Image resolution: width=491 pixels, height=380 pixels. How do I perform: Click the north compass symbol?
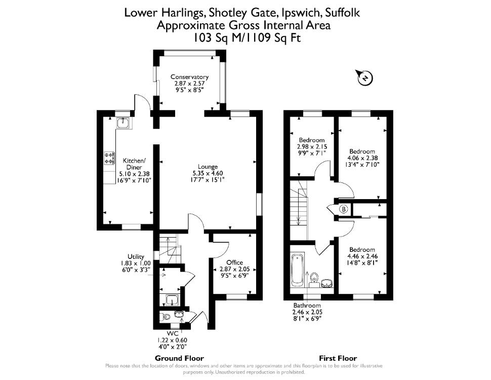[364, 77]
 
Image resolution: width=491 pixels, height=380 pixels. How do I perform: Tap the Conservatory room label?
[189, 77]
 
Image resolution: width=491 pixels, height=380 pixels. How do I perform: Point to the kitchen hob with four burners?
[109, 158]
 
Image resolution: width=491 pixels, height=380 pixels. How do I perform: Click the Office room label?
[234, 262]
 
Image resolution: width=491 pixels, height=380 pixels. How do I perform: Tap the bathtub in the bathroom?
[297, 270]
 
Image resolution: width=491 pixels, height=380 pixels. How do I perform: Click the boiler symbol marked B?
[344, 209]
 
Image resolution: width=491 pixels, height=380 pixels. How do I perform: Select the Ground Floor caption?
[179, 358]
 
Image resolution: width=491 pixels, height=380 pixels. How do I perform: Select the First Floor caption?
[338, 358]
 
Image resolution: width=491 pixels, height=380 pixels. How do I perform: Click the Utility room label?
[136, 256]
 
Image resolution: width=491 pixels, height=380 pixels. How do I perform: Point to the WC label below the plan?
[173, 333]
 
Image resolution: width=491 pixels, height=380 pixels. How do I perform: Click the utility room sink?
[172, 300]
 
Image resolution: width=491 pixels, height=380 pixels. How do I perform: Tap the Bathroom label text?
[307, 306]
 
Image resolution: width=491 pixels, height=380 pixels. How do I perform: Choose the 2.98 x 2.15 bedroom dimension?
[312, 146]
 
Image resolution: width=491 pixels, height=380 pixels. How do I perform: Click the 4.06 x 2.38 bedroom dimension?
[362, 158]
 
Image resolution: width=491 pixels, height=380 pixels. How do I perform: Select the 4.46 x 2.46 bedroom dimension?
[362, 256]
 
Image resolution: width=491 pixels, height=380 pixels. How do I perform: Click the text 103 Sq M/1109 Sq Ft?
[246, 38]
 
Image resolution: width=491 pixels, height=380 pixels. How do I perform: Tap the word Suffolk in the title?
[343, 13]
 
